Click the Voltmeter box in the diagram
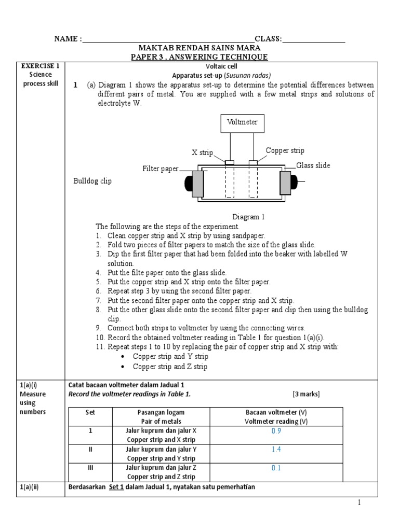tap(242, 123)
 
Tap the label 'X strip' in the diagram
tap(202, 152)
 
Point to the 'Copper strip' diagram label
tap(285, 151)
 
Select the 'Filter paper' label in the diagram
tap(161, 169)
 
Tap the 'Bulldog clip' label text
tap(92, 181)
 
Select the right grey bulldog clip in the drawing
tap(286, 183)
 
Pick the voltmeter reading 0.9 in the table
tap(276, 431)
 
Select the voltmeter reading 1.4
tap(276, 449)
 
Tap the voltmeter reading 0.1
tap(276, 468)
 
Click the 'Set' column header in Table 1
tap(90, 412)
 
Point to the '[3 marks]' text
tap(306, 394)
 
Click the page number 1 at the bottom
tap(358, 502)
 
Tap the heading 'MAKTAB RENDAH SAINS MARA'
tap(199, 48)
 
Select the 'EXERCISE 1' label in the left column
tap(40, 66)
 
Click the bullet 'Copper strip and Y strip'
tap(170, 357)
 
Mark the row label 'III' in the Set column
tap(90, 467)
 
